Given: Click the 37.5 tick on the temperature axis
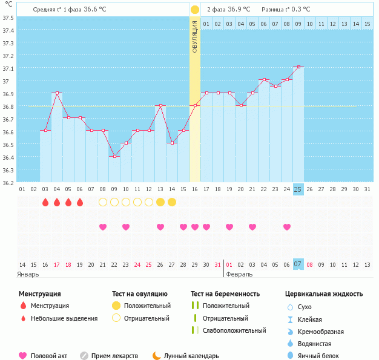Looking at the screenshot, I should pos(8,17).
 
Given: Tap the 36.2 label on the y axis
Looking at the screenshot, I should pos(8,182).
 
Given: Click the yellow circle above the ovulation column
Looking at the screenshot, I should pos(195,10).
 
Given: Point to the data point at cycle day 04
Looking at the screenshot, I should pos(57,93).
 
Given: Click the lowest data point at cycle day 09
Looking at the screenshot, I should pos(114,156).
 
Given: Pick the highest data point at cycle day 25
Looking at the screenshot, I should pos(298,67).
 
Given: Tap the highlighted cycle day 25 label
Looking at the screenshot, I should pos(298,189).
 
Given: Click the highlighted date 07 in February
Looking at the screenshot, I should pos(298,264).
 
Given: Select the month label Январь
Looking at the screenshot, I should pos(28,274).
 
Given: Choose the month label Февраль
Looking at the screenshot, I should pos(239,274).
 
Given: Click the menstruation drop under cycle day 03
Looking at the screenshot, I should pos(45,202).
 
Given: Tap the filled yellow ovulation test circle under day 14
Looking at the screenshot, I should pos(172,202).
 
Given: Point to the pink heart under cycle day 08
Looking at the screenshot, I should pos(103,227).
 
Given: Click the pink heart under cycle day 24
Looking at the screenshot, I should pos(286,227).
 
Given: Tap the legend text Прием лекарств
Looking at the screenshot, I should pos(114,356).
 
